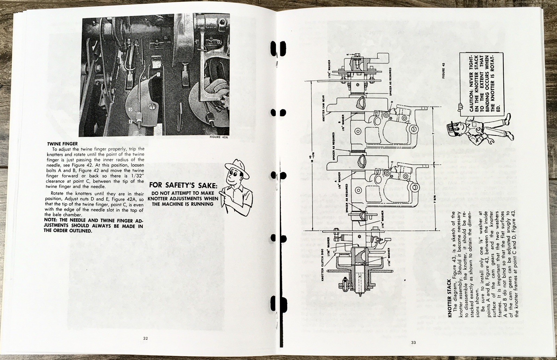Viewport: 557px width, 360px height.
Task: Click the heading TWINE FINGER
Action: [x=62, y=143]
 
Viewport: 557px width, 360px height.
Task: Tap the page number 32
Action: [x=146, y=338]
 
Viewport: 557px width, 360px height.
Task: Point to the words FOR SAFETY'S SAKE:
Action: [x=183, y=186]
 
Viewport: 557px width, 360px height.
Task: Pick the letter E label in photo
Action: [x=130, y=122]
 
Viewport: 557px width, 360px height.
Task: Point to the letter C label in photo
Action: [x=159, y=74]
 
